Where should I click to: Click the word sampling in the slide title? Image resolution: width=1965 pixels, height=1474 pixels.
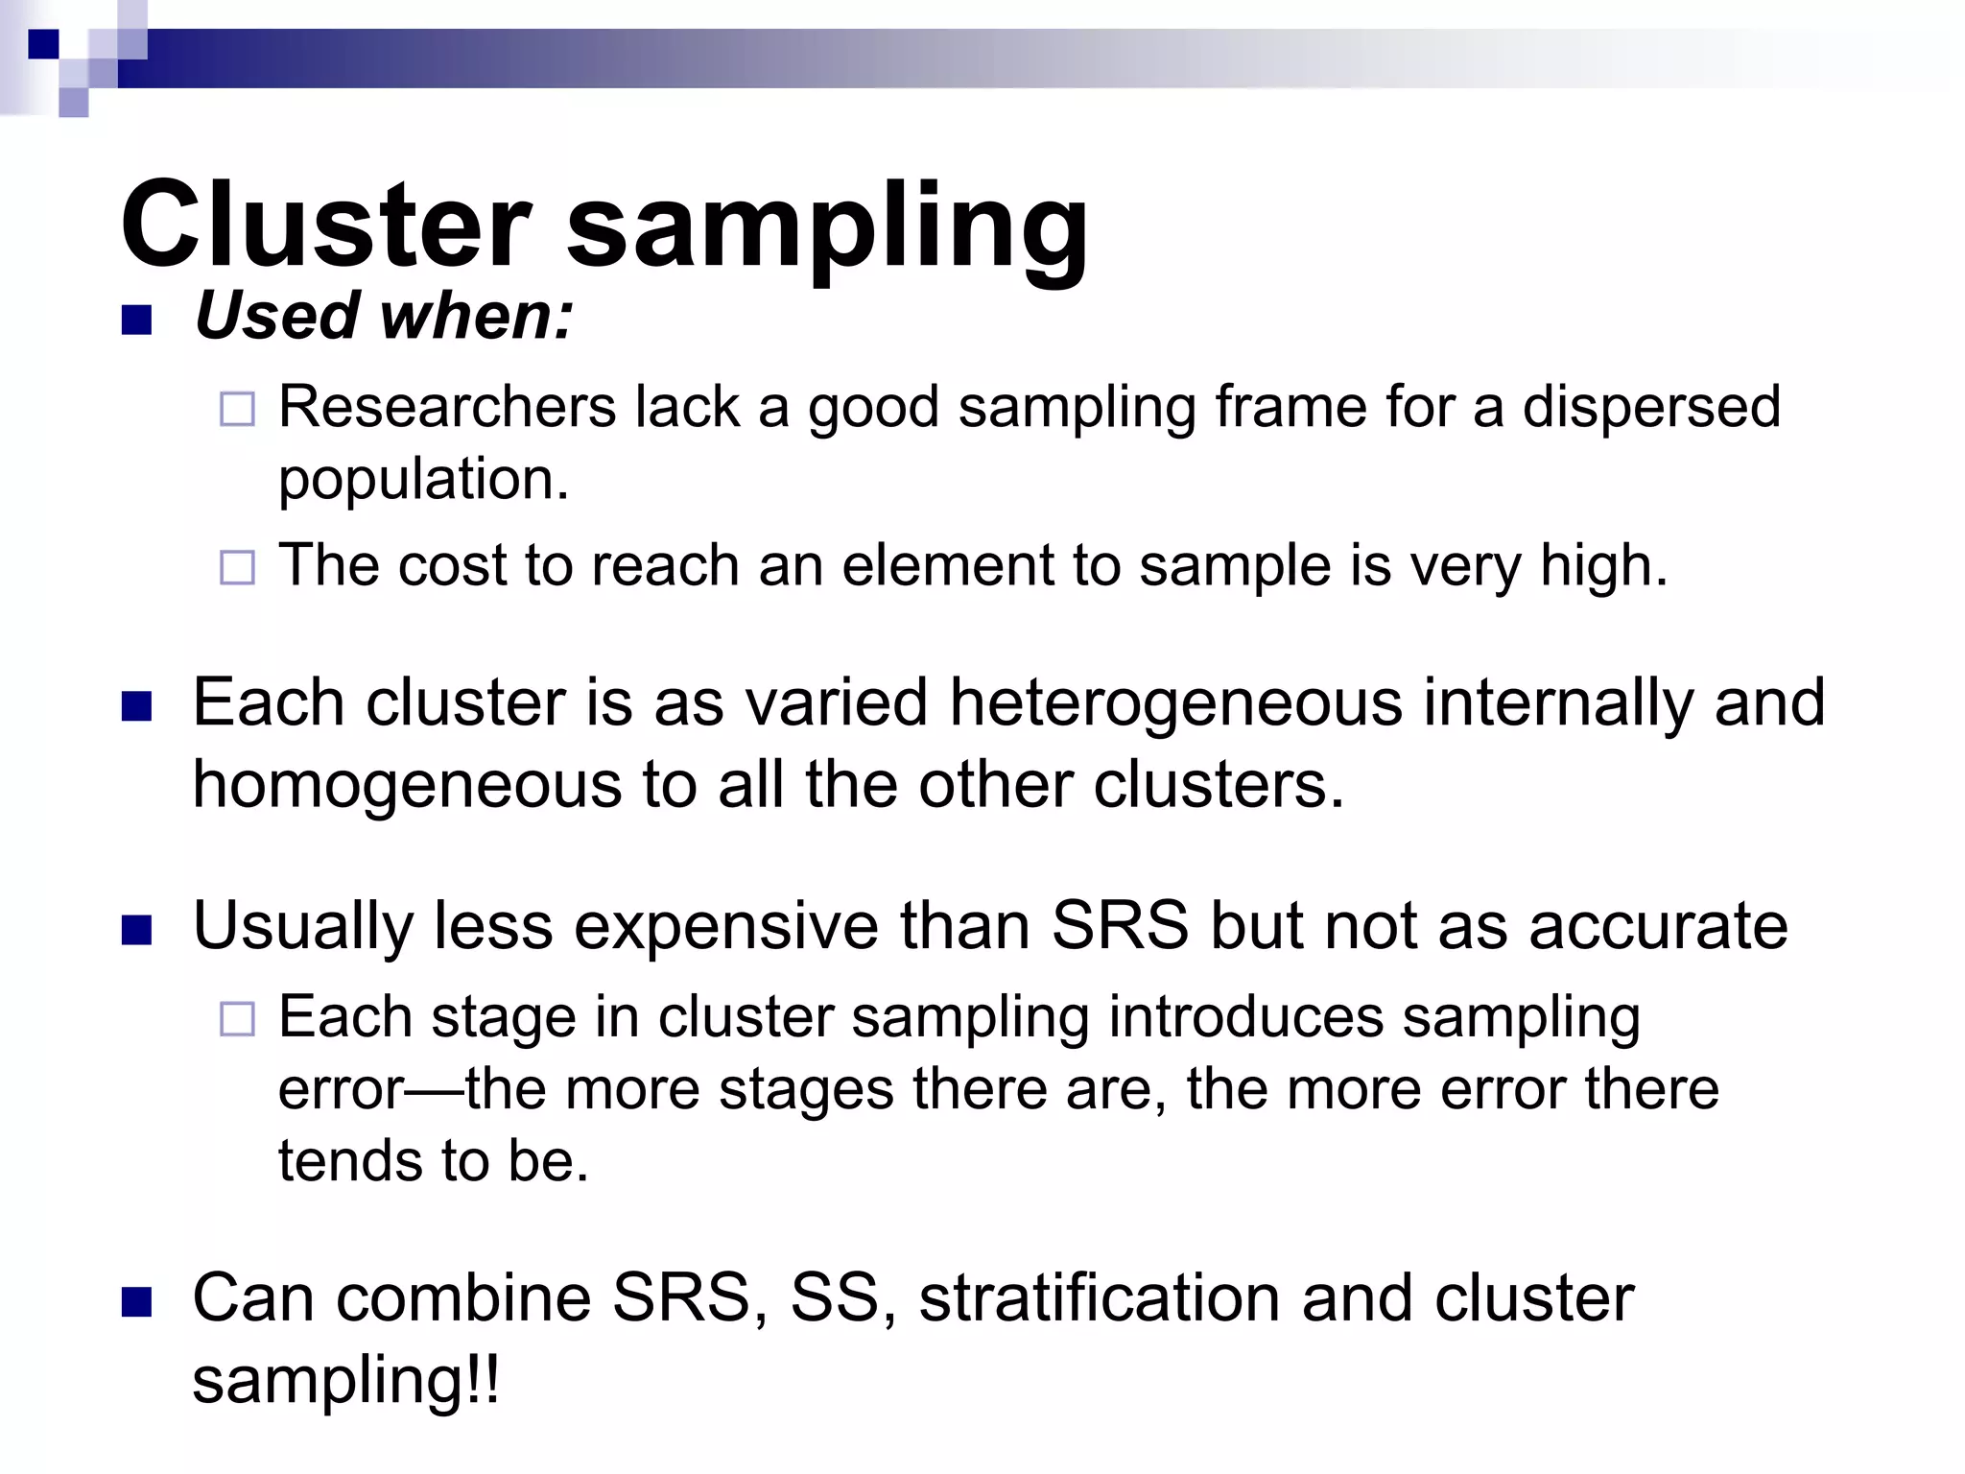tap(827, 230)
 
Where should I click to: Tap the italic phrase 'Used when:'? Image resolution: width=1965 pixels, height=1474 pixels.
tap(383, 316)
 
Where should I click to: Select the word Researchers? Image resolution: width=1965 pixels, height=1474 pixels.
tap(447, 406)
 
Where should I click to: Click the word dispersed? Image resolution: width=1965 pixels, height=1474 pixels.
tap(1651, 406)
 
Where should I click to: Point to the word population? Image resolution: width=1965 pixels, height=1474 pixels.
tap(422, 480)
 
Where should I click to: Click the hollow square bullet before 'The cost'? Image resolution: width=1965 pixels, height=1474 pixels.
tap(237, 567)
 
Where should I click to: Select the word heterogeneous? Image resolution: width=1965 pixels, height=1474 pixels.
tap(1175, 703)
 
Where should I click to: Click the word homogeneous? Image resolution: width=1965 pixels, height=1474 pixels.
tap(407, 785)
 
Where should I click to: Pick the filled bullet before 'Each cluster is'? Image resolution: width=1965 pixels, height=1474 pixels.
tap(137, 707)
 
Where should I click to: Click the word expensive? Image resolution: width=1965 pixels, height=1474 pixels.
tap(725, 926)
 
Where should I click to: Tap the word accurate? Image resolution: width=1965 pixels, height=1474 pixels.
tap(1658, 926)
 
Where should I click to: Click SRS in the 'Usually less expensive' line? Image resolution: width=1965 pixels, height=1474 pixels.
tap(1120, 926)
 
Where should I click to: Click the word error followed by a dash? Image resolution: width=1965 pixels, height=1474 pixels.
tap(342, 1090)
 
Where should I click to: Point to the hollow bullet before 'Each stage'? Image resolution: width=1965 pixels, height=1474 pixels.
tap(237, 1019)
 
